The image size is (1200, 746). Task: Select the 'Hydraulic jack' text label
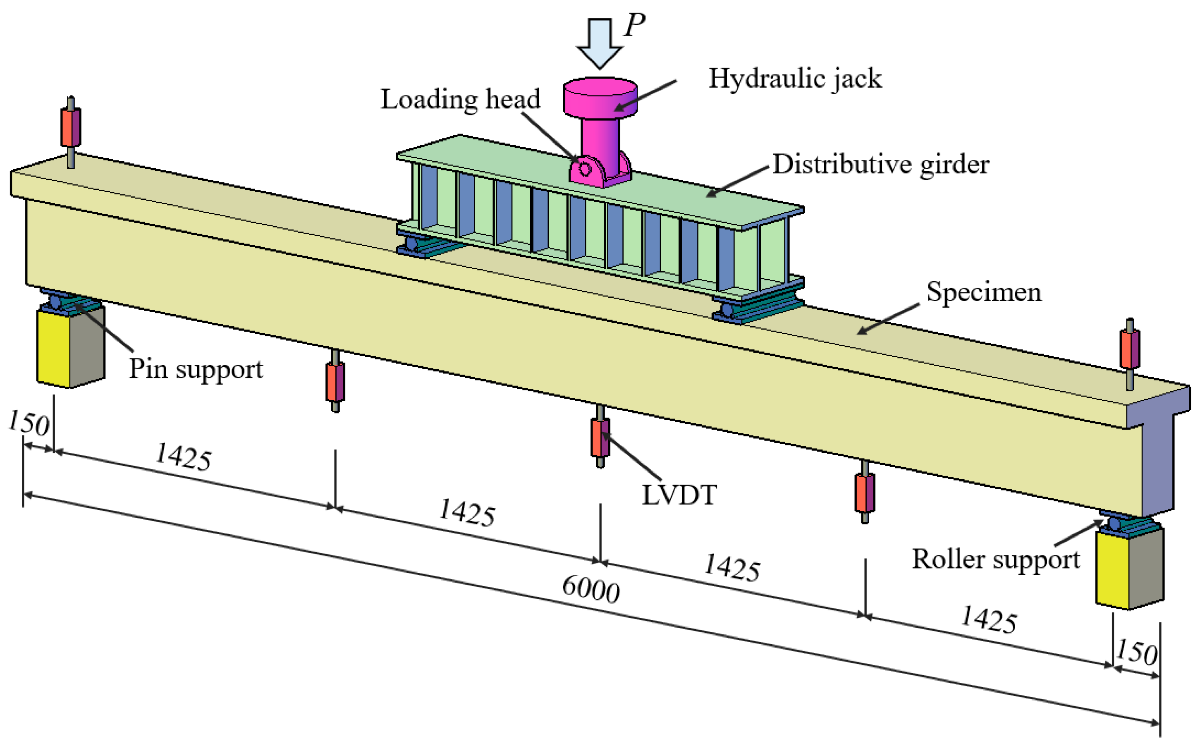(x=795, y=79)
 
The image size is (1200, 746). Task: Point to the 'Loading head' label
(x=460, y=100)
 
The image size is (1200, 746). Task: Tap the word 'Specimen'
(x=983, y=292)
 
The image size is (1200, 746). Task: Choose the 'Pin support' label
(x=196, y=369)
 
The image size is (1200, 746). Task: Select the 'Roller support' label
(x=995, y=559)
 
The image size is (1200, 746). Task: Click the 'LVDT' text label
(x=679, y=495)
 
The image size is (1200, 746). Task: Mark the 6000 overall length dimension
(x=590, y=590)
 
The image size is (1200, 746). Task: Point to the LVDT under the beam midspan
(x=600, y=437)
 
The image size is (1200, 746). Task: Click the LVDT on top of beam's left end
(x=71, y=127)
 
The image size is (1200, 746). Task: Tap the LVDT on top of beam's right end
(x=1129, y=349)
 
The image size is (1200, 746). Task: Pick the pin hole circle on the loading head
(x=584, y=169)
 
